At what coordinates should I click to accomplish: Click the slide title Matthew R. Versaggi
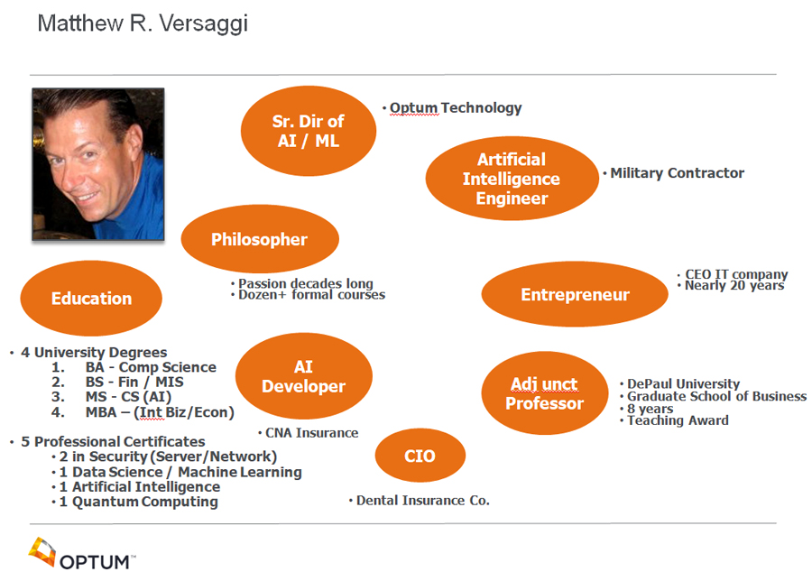143,23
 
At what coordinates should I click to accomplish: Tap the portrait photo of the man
98,164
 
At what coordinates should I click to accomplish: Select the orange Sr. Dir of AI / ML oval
309,131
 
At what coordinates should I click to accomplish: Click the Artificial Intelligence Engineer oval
512,179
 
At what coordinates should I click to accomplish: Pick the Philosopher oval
260,239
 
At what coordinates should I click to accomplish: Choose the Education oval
91,299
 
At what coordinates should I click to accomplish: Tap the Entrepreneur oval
575,294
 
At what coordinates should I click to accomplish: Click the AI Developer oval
304,376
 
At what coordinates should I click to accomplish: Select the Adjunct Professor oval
545,393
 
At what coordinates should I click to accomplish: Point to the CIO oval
420,456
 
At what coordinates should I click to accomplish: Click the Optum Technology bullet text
452,107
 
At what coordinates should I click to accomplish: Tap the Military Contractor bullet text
673,173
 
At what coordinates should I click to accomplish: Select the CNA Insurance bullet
309,433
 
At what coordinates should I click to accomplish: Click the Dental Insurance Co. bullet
420,501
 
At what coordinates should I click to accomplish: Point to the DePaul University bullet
680,383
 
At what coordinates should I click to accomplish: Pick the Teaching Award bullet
674,420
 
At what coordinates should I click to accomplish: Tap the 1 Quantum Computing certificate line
135,502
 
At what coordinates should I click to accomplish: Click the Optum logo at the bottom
82,554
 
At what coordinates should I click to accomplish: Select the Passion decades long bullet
302,283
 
